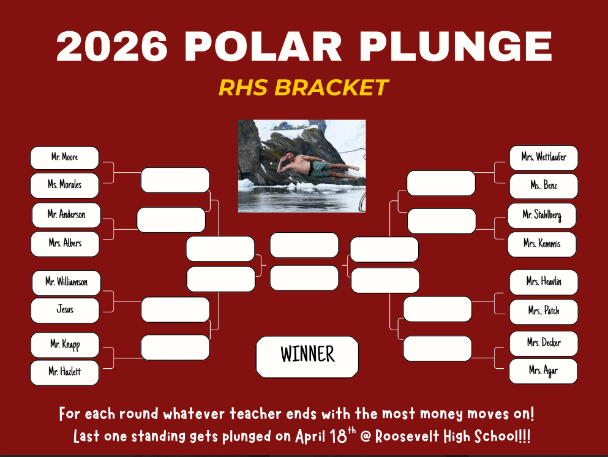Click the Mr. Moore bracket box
click(x=64, y=158)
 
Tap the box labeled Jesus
click(x=65, y=311)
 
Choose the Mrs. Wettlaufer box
click(x=544, y=158)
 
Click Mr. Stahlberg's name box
click(x=542, y=216)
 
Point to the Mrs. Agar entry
click(x=543, y=371)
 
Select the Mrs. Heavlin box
click(x=544, y=282)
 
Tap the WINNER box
click(x=307, y=357)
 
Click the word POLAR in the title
click(x=263, y=47)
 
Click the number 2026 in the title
click(x=112, y=47)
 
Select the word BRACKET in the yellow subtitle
click(x=331, y=87)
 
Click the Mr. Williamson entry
click(x=66, y=283)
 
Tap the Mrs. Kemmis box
click(x=542, y=244)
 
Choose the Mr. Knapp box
click(x=65, y=345)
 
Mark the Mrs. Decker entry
click(x=544, y=344)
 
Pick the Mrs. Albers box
click(x=65, y=244)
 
